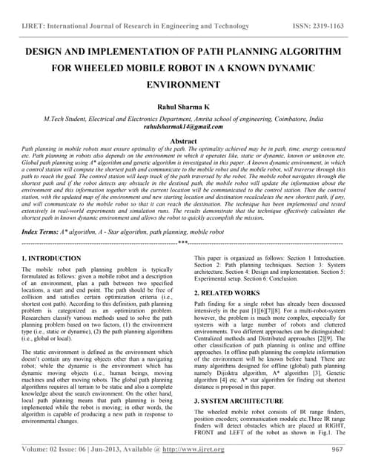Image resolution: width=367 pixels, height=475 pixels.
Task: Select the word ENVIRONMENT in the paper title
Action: (182, 86)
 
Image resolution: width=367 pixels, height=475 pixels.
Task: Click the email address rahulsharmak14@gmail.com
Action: (182, 127)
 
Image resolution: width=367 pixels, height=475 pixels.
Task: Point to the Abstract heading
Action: (183, 140)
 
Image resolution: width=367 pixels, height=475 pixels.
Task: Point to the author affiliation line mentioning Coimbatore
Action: (182, 118)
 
